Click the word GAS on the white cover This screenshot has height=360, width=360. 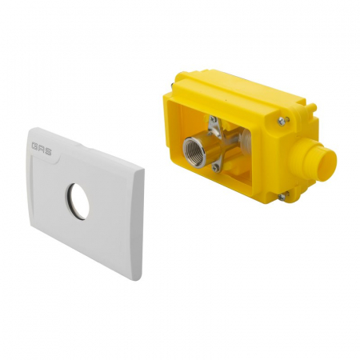coord(42,147)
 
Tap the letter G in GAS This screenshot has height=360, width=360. coord(36,146)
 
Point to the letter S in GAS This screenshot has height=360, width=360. coord(47,148)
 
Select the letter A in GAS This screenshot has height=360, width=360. coord(42,147)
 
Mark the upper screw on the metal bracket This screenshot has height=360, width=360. coord(214,122)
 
